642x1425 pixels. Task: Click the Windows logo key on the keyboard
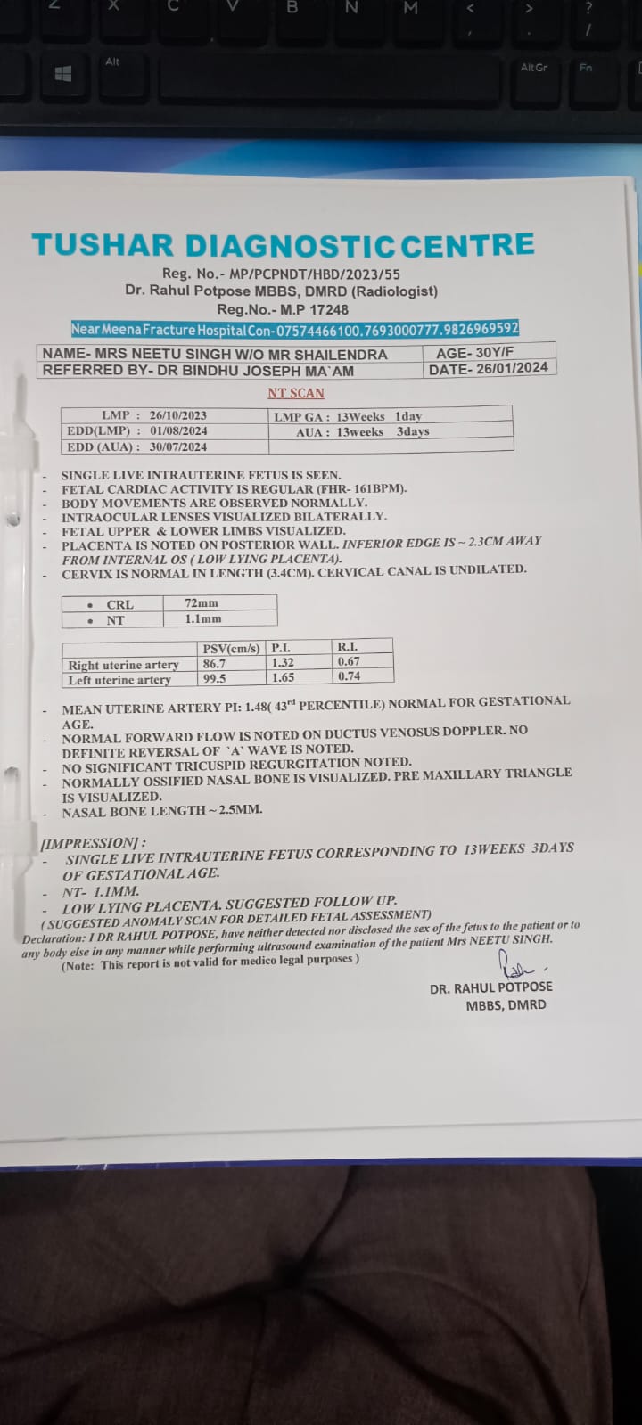tap(63, 75)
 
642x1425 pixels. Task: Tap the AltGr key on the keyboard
tap(533, 68)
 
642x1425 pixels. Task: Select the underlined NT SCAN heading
tap(296, 393)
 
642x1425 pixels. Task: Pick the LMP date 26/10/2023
tap(177, 415)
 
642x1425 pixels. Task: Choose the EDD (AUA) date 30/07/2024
tap(177, 446)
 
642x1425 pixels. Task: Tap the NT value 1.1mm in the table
tap(203, 618)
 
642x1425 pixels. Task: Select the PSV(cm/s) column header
tap(231, 649)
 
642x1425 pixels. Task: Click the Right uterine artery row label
tap(123, 665)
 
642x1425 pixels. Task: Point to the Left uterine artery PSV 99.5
tap(214, 678)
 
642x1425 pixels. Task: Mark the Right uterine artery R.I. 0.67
tap(349, 661)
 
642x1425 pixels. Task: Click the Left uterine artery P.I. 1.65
tap(283, 677)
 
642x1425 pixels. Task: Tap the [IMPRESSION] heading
tap(93, 842)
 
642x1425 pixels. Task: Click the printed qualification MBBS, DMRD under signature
tap(506, 1004)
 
